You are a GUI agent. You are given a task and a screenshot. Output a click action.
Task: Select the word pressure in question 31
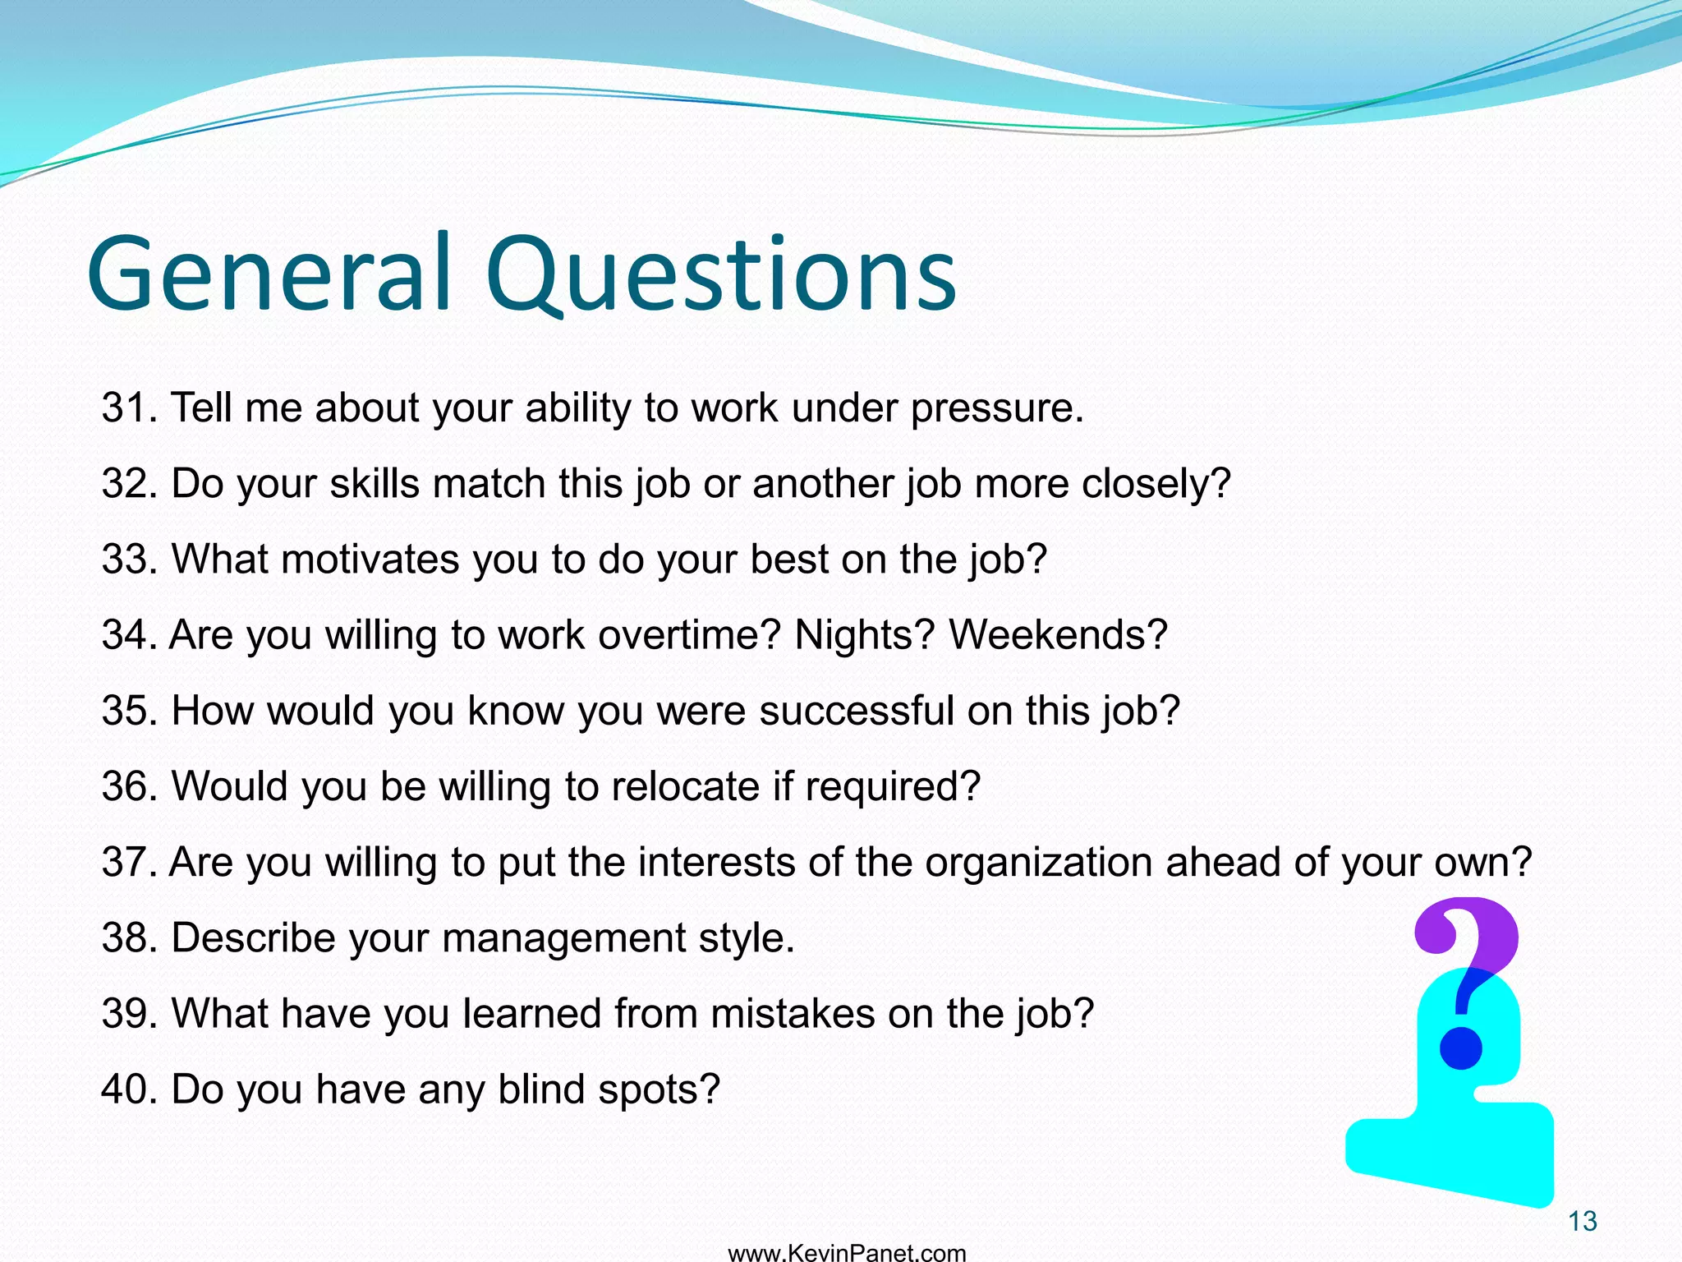pos(996,408)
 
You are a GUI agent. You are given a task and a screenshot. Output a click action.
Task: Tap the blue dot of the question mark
pos(1461,1049)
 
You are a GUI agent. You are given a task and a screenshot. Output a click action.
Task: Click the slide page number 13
pos(1582,1222)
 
